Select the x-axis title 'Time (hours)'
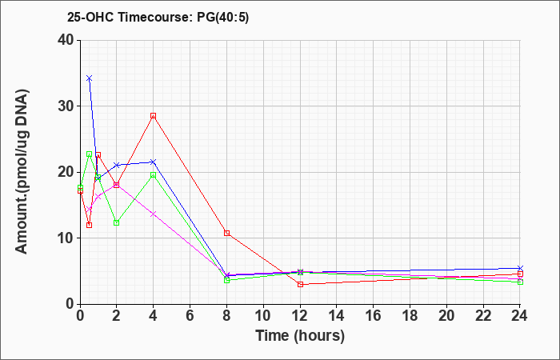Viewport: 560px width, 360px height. [x=300, y=335]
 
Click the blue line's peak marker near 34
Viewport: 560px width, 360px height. [x=89, y=78]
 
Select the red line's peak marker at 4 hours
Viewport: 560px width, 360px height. [x=153, y=116]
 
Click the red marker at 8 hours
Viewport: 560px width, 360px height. [x=227, y=233]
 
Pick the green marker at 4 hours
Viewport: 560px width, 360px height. [x=153, y=175]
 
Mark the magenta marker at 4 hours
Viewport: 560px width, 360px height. [x=153, y=214]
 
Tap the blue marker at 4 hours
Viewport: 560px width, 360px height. [x=153, y=162]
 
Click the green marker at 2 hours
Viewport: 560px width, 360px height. [x=116, y=222]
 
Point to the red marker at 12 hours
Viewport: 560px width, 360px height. [x=300, y=284]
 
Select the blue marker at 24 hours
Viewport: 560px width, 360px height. [x=521, y=269]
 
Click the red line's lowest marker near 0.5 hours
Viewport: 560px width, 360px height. [x=89, y=225]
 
